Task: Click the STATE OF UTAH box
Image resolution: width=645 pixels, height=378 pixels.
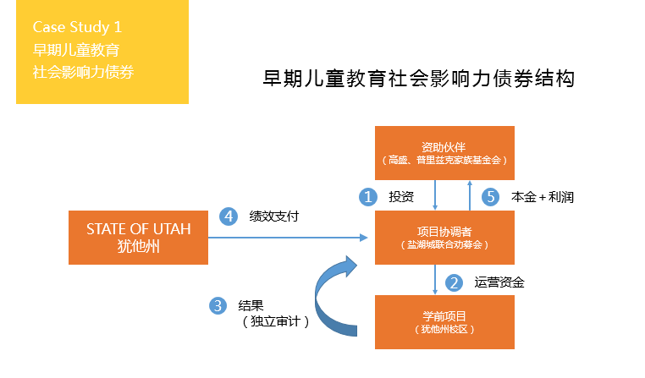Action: pyautogui.click(x=138, y=238)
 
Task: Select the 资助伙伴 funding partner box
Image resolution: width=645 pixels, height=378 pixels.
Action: pyautogui.click(x=444, y=153)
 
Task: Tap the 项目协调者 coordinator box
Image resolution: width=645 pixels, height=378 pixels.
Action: pyautogui.click(x=444, y=238)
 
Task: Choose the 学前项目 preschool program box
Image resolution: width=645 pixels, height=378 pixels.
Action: pyautogui.click(x=444, y=322)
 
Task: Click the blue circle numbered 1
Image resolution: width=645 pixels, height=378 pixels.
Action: pyautogui.click(x=368, y=197)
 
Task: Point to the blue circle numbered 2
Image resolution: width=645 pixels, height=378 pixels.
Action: pyautogui.click(x=455, y=282)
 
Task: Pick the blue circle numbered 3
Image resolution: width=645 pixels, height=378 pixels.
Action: pyautogui.click(x=218, y=305)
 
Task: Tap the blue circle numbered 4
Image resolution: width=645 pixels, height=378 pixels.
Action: pyautogui.click(x=229, y=216)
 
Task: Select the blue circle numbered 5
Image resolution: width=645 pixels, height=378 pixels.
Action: pyautogui.click(x=491, y=197)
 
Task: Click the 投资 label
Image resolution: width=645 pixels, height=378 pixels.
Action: pyautogui.click(x=401, y=197)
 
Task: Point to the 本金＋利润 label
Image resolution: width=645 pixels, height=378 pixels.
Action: pyautogui.click(x=543, y=197)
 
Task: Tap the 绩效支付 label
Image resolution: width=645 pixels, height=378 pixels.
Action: pyautogui.click(x=274, y=216)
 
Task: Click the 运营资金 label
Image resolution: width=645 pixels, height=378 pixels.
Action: pyautogui.click(x=499, y=282)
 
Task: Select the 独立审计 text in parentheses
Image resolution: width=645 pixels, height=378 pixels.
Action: pyautogui.click(x=275, y=321)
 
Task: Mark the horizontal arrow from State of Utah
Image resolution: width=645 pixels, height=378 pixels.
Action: pyautogui.click(x=288, y=238)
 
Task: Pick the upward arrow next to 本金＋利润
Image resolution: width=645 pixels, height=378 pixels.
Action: pyautogui.click(x=470, y=195)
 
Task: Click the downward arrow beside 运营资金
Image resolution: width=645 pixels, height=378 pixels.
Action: pyautogui.click(x=435, y=280)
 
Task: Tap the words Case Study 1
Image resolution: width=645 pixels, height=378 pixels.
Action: pyautogui.click(x=77, y=27)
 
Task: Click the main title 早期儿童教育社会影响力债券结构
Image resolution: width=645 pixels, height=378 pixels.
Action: pyautogui.click(x=418, y=79)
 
